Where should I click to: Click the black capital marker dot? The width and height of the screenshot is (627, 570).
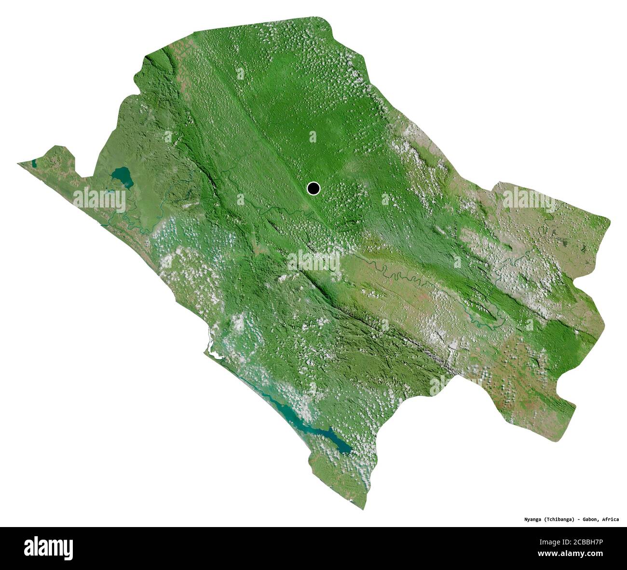click(x=313, y=188)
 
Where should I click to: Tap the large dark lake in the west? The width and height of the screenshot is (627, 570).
click(x=122, y=177)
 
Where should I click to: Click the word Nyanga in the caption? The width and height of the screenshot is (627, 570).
click(x=534, y=519)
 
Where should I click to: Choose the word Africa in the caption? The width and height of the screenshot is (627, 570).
click(x=611, y=519)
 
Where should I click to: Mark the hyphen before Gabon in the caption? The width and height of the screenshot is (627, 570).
click(x=578, y=519)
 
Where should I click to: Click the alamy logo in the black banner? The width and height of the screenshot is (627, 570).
click(x=48, y=548)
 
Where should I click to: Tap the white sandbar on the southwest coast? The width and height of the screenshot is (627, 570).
click(x=211, y=344)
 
